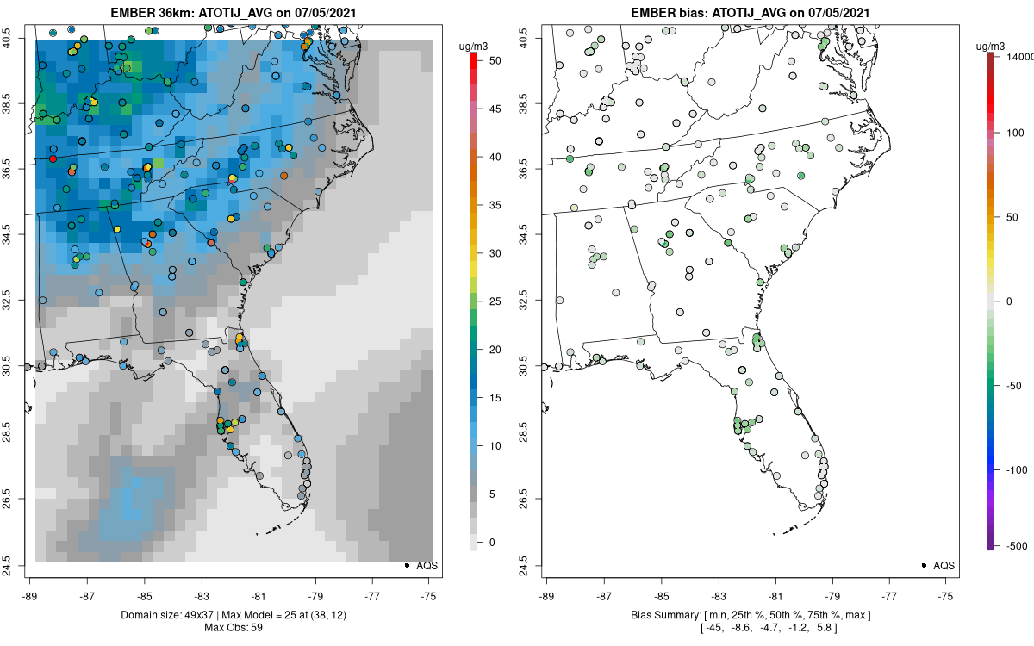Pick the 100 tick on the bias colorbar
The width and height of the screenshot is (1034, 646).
1012,133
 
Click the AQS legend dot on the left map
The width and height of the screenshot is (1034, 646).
406,565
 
